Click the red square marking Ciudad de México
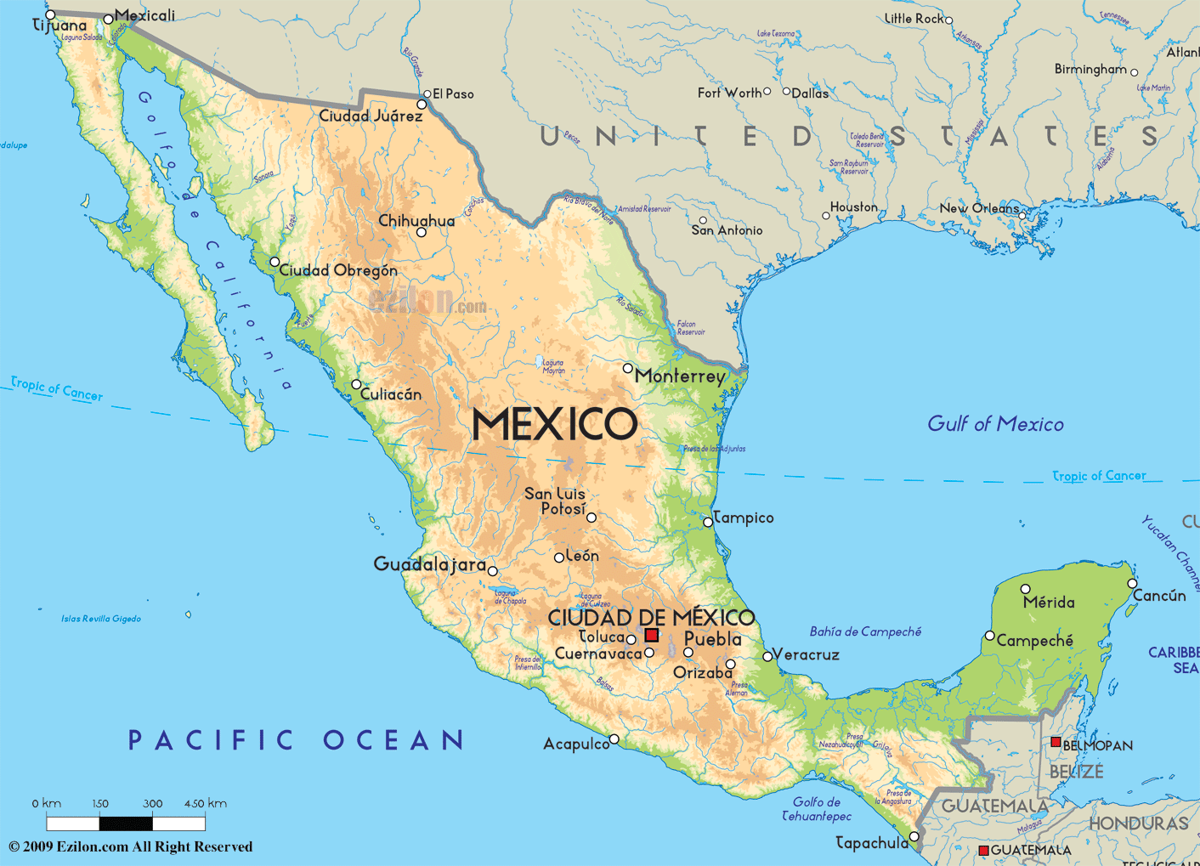click(x=652, y=635)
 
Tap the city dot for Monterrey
click(x=627, y=368)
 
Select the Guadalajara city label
click(x=429, y=563)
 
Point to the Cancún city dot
click(x=1132, y=583)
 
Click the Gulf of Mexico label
click(x=995, y=423)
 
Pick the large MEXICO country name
click(x=554, y=424)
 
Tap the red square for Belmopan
click(x=1056, y=742)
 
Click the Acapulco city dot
click(x=614, y=739)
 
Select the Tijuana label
click(x=59, y=25)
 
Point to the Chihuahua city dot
click(x=421, y=232)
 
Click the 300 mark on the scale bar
click(x=153, y=803)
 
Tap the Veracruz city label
click(x=807, y=654)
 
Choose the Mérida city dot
click(x=1025, y=589)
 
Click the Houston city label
click(x=853, y=207)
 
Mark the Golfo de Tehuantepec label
click(x=817, y=808)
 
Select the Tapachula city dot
click(x=914, y=836)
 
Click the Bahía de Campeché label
click(x=865, y=631)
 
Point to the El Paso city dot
click(x=427, y=94)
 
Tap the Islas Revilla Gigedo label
click(x=101, y=619)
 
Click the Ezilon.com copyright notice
click(x=131, y=846)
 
